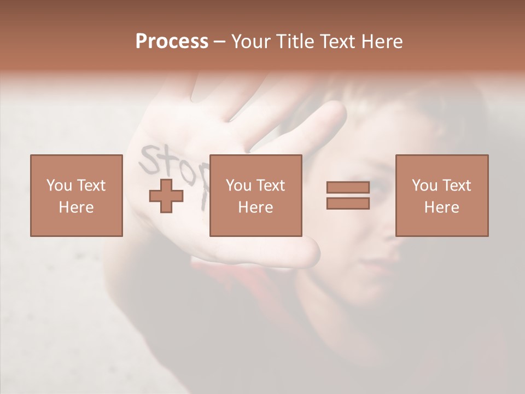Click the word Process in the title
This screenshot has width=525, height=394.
(x=172, y=42)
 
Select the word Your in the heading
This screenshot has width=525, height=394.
(x=249, y=42)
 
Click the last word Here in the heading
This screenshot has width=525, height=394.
(x=382, y=42)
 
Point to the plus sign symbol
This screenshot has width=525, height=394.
(x=166, y=195)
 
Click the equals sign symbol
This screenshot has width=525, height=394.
(x=348, y=195)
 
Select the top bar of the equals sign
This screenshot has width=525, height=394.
(x=348, y=187)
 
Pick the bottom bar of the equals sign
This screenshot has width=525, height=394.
(x=348, y=204)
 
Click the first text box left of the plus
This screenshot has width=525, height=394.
(x=76, y=195)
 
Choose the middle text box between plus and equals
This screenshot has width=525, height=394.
(x=255, y=195)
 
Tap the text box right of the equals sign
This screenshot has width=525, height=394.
(x=441, y=195)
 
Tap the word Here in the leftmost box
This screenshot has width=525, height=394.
(x=76, y=207)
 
